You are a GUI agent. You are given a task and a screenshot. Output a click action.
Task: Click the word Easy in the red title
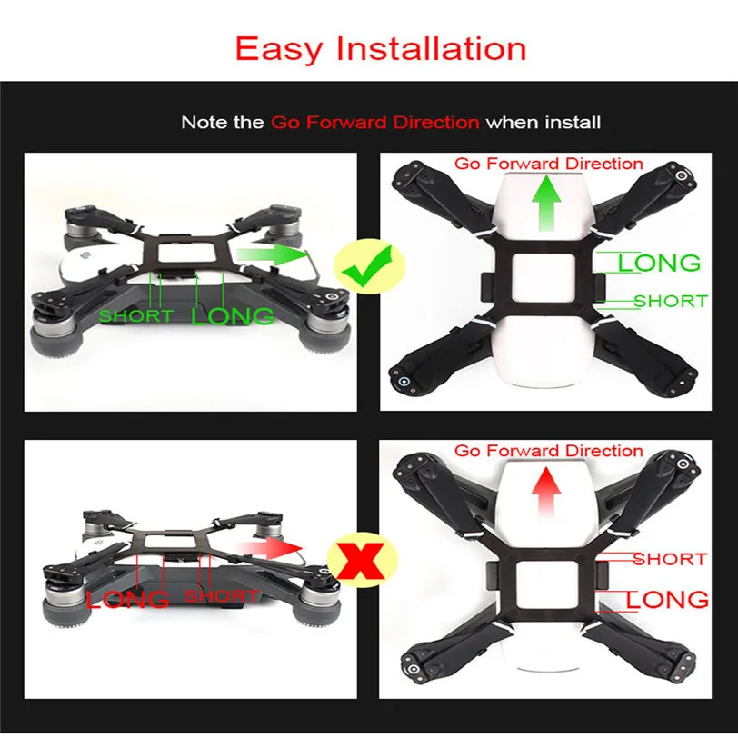pos(279,49)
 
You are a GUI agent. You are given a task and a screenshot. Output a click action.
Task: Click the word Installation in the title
pos(431,48)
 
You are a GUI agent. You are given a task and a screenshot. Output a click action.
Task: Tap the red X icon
pos(361,561)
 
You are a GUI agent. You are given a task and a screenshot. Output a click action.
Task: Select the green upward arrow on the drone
pos(546,203)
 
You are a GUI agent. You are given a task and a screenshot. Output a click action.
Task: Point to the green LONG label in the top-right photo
pos(659,263)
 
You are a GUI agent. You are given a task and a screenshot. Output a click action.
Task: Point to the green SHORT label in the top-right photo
pos(671,301)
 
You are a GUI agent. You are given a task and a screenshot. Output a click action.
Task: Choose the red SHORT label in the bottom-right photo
pos(670,559)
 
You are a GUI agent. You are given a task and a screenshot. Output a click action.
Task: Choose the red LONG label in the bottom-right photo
pos(667,600)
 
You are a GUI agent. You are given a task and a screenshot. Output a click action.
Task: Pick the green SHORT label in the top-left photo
pos(136,315)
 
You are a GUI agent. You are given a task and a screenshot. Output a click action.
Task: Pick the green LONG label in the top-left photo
pos(232,315)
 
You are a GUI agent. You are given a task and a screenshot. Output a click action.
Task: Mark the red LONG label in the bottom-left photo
pos(127,599)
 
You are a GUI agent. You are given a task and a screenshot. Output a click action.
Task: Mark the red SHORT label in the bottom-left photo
pos(221,596)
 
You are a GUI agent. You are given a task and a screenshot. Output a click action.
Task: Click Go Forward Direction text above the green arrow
pos(548,164)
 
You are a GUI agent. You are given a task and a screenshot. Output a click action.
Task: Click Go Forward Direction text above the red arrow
pos(548,451)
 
